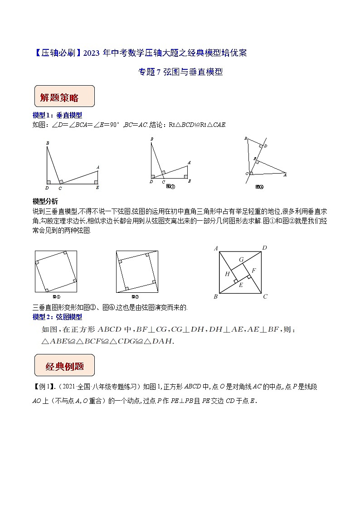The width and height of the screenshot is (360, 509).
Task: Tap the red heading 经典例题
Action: point(64,366)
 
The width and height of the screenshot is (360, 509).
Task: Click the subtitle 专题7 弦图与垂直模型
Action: point(180,72)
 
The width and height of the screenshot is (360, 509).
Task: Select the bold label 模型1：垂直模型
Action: point(58,116)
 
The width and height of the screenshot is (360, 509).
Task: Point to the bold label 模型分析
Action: point(45,201)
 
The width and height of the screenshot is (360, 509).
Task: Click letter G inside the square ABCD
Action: point(242,259)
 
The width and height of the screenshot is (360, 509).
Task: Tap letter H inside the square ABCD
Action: point(228,274)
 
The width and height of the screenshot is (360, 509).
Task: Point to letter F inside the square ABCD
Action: point(254,271)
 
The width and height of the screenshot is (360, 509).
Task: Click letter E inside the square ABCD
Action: point(241,285)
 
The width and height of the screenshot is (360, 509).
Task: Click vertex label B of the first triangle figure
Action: point(47,144)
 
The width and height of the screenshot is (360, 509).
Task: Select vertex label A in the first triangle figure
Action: point(97,167)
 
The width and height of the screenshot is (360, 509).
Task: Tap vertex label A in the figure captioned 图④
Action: point(285,174)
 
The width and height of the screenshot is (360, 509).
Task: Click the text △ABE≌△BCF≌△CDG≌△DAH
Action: point(107,341)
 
